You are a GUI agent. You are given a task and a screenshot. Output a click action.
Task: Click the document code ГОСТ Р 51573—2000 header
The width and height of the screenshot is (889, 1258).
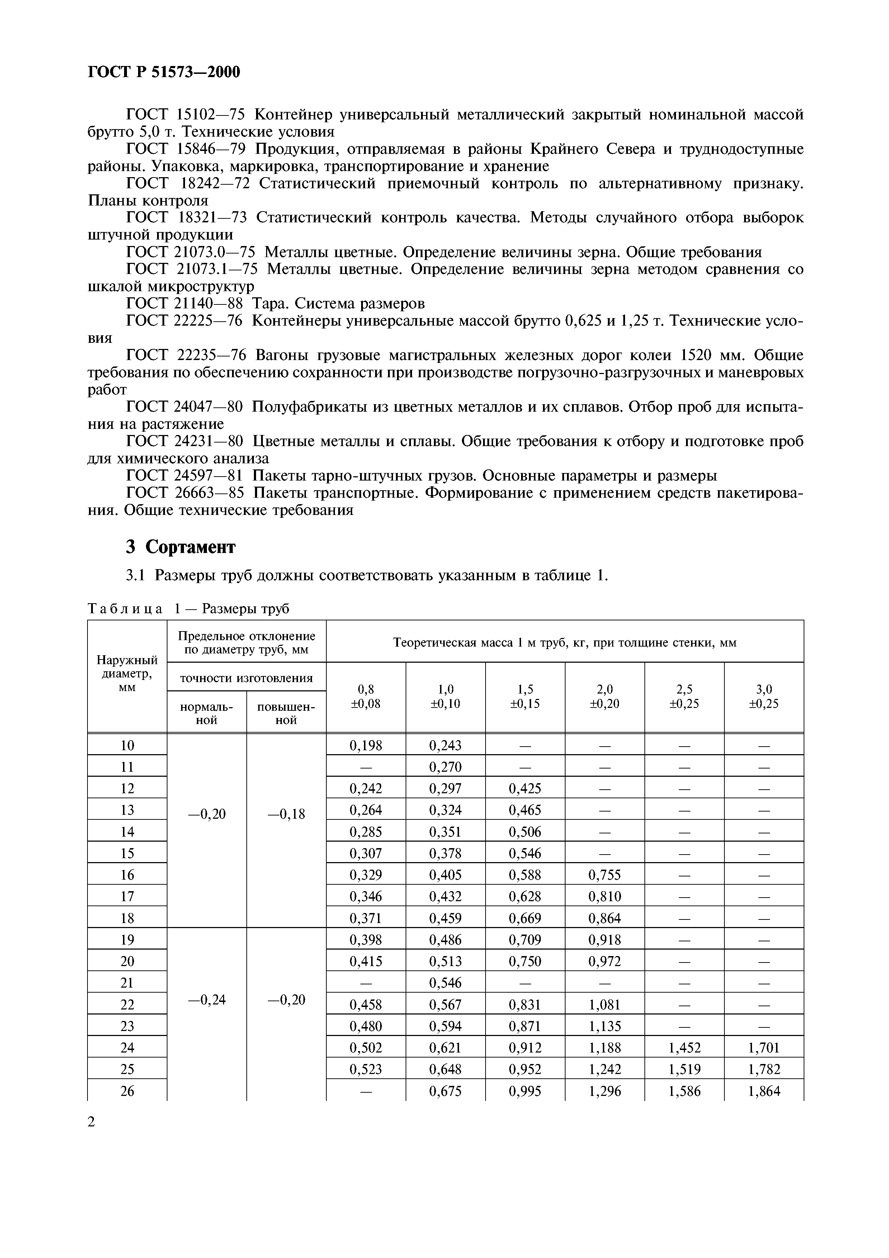[x=164, y=72]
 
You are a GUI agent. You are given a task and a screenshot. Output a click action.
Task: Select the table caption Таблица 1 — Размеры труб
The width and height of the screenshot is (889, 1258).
[x=188, y=609]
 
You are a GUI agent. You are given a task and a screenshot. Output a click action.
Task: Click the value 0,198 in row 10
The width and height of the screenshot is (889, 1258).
[x=365, y=745]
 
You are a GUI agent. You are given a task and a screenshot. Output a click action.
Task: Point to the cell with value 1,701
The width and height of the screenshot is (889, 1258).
[x=763, y=1047]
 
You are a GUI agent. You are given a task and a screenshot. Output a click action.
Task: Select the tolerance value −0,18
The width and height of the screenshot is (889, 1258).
[x=286, y=814]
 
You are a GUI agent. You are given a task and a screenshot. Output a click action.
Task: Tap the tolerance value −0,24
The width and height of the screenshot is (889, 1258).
[x=207, y=1000]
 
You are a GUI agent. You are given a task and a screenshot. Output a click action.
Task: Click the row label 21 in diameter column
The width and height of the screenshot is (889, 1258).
[x=127, y=983]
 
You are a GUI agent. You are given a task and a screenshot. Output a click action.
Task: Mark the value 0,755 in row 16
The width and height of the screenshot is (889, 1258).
[x=604, y=875]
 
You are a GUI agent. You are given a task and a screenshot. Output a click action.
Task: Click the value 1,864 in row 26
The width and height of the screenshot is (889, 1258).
[x=763, y=1091]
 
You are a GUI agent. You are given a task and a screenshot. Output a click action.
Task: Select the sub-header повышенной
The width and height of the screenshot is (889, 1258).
[x=286, y=713]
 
